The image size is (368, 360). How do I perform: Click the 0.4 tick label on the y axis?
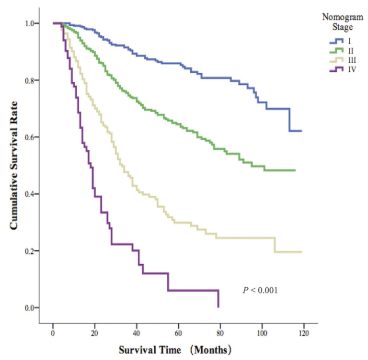click(30, 194)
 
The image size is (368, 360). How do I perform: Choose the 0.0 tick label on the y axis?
click(30, 307)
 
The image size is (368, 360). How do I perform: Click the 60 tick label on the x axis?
click(178, 332)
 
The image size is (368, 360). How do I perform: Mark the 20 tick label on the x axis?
click(95, 332)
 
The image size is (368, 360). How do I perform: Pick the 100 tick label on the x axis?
click(262, 332)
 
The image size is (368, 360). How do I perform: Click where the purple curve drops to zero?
click(218, 307)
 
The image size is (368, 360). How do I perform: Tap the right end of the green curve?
click(295, 170)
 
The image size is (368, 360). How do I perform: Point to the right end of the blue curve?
click(301, 131)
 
